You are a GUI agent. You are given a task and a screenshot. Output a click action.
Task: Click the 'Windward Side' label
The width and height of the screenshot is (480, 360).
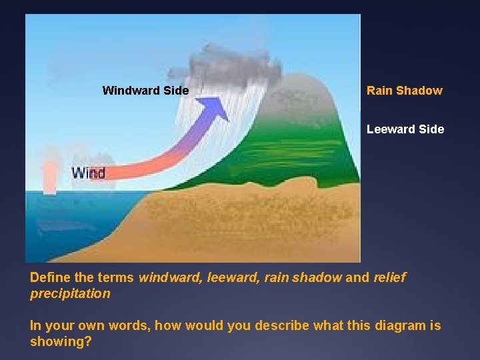145,90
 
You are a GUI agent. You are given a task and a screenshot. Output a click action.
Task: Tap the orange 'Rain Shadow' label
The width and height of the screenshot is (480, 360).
404,90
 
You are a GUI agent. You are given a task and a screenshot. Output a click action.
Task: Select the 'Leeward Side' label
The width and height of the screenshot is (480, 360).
405,129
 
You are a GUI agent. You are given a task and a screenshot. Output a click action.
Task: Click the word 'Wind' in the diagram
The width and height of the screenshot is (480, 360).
88,173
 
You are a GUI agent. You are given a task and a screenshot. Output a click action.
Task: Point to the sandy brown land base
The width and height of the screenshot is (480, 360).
253,220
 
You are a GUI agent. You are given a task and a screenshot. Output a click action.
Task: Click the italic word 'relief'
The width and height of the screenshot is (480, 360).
389,277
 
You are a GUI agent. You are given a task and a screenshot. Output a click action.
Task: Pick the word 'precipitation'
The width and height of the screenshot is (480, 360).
69,293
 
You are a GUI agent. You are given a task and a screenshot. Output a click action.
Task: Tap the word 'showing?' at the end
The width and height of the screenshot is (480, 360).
61,341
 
